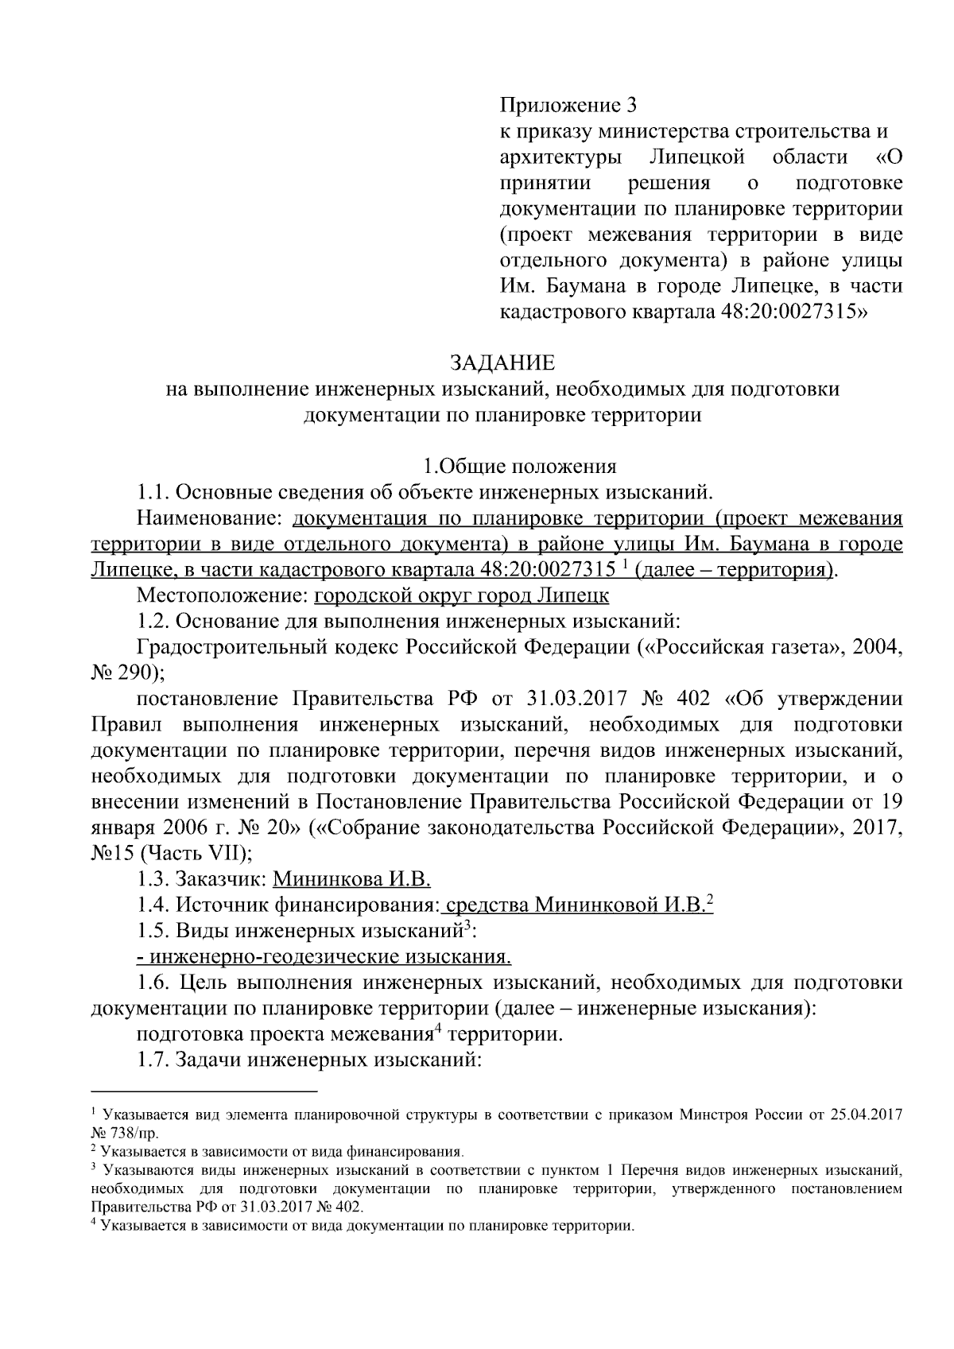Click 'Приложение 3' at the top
pyautogui.click(x=568, y=104)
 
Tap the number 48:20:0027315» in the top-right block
pyautogui.click(x=794, y=312)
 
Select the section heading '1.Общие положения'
pyautogui.click(x=518, y=467)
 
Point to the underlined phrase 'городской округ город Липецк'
pyautogui.click(x=462, y=595)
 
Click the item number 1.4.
pyautogui.click(x=153, y=905)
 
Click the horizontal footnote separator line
pyautogui.click(x=204, y=1091)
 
